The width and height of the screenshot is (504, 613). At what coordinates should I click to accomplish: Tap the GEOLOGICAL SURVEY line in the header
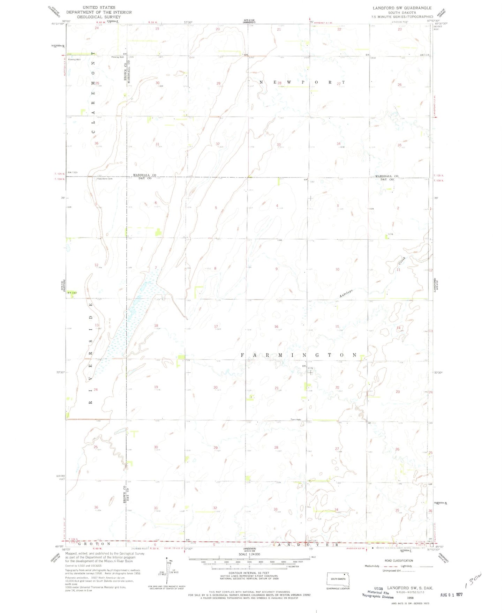point(99,17)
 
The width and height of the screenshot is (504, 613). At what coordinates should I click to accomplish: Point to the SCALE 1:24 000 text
point(249,554)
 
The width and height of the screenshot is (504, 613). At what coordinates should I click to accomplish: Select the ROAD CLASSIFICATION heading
point(399,561)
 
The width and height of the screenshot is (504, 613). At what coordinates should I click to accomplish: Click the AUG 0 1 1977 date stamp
point(451,595)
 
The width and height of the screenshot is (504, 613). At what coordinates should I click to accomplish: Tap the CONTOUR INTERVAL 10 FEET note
point(249,573)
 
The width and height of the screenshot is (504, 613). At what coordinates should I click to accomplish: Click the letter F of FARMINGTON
point(242,355)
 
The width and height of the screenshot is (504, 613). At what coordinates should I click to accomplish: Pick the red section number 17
point(216,327)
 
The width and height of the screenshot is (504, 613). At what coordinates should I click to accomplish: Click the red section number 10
point(337,269)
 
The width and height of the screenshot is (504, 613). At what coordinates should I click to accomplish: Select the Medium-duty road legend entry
point(371,566)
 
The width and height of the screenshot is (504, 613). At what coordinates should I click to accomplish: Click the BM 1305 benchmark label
point(72,172)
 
